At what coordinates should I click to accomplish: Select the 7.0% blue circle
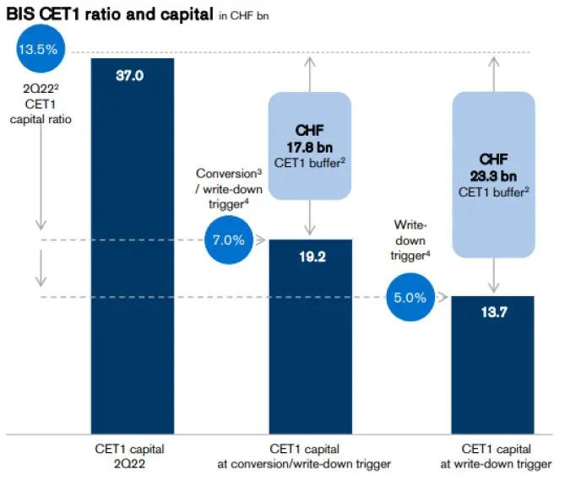227,240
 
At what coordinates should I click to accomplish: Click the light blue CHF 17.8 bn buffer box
310,146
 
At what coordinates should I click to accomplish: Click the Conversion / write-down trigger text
225,186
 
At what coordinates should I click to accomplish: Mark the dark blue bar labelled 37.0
131,253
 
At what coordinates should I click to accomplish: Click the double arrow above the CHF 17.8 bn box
310,71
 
